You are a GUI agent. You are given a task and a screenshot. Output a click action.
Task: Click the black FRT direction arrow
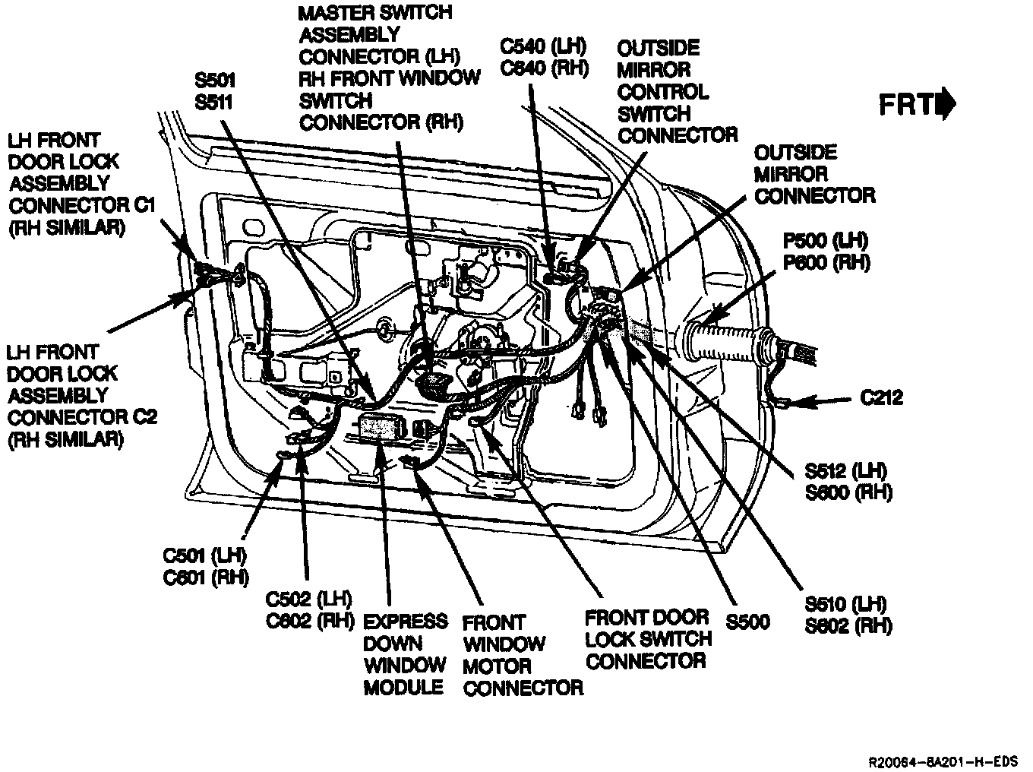pos(946,105)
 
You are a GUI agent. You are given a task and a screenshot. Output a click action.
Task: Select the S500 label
pos(747,622)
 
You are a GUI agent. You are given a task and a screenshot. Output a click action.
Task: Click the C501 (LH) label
pos(205,555)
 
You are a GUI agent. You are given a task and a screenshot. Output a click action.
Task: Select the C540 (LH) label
pos(545,46)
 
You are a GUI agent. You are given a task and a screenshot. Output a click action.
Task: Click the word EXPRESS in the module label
pos(406,621)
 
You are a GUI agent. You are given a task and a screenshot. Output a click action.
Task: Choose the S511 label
pos(215,102)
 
